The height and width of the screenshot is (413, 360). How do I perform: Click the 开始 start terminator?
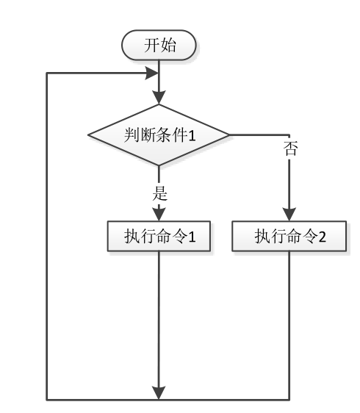159,45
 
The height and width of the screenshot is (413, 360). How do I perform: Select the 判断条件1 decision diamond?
159,135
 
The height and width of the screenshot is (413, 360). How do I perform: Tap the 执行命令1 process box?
159,236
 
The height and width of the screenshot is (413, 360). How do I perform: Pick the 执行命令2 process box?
289,236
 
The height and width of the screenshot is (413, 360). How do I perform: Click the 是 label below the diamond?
159,193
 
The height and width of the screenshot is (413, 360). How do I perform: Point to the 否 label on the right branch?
290,148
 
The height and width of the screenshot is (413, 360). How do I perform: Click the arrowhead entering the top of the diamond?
159,98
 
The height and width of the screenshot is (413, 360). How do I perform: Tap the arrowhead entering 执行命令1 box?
159,215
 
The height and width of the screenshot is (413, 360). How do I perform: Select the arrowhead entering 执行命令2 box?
289,215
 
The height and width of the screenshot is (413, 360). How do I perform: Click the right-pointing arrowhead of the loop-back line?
152,73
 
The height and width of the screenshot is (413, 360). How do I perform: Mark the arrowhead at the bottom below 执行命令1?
159,393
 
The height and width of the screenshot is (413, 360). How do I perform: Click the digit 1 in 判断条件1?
192,136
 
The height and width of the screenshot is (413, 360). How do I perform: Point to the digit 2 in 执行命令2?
322,237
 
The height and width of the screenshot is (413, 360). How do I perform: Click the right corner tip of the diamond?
229,135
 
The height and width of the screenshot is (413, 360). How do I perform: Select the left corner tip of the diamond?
88,135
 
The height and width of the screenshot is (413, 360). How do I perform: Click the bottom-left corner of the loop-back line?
47,400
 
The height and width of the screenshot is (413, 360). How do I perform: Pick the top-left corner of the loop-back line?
47,73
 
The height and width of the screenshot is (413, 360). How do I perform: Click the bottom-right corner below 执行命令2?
289,400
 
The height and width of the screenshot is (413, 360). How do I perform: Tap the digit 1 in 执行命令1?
192,237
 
